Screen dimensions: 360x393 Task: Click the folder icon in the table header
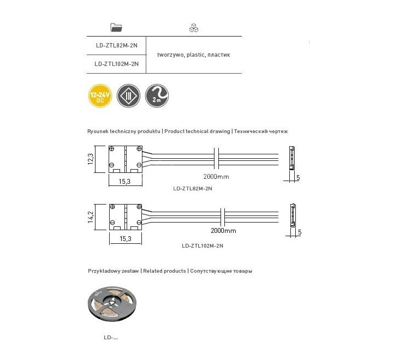coord(116,27)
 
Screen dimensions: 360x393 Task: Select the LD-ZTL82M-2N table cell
coord(116,45)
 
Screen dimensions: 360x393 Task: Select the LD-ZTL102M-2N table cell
coord(116,64)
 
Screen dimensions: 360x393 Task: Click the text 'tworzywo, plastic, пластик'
coord(194,55)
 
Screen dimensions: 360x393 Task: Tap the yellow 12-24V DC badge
coord(99,96)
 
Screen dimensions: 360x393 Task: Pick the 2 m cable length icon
coord(157,96)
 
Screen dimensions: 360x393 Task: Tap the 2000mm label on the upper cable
coord(216,177)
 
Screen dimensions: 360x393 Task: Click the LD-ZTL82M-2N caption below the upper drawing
coord(192,189)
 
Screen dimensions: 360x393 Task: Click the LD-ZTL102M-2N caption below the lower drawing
coord(203,245)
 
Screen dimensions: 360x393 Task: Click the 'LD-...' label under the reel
coord(111,338)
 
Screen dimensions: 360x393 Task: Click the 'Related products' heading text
coord(165,271)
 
